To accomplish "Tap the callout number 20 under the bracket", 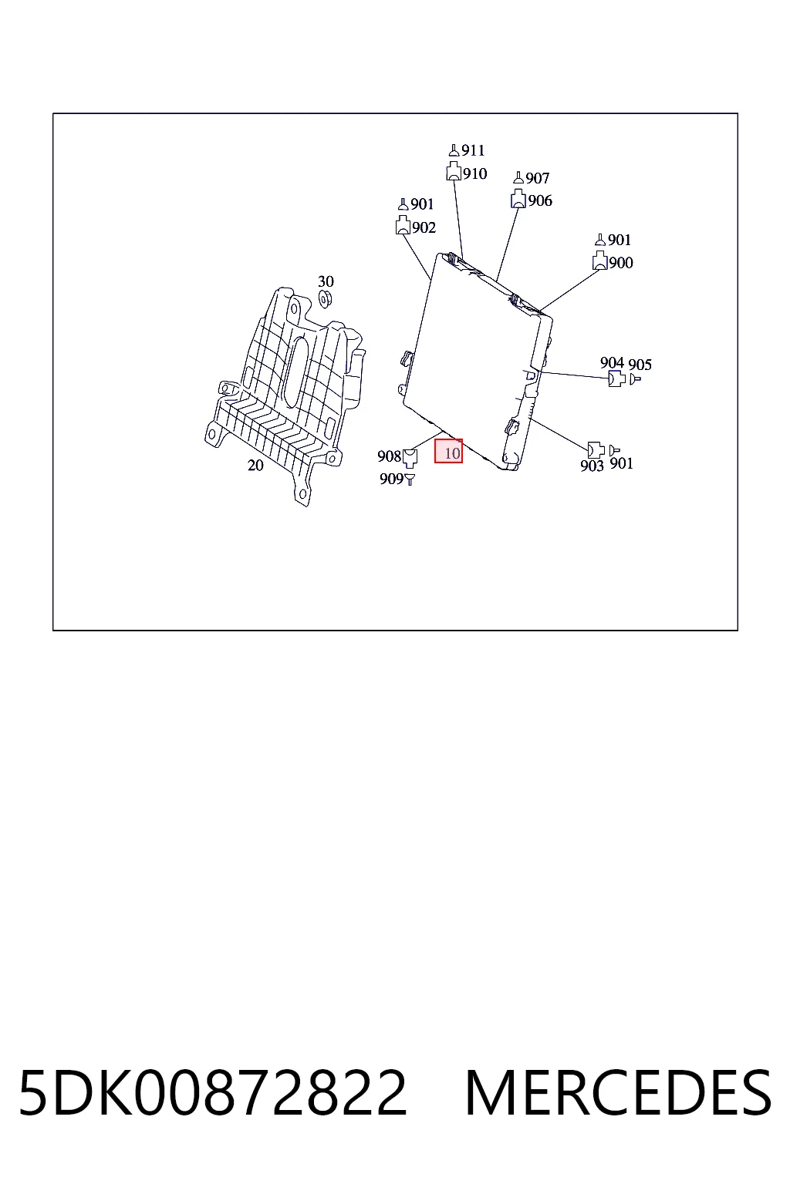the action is click(x=255, y=465).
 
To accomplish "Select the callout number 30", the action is click(x=326, y=281).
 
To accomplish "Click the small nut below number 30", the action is click(x=325, y=298).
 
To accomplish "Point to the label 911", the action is click(x=473, y=150).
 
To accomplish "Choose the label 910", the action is click(x=474, y=173).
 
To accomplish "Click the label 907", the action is click(x=537, y=178).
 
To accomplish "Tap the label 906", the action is click(x=540, y=201).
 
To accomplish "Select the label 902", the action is click(x=424, y=227).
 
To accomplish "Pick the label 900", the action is click(x=621, y=263).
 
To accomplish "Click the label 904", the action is click(x=612, y=362).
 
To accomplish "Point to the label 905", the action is click(x=640, y=364).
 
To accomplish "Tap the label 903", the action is click(x=592, y=466).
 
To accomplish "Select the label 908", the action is click(x=389, y=456).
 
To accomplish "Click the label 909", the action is click(x=392, y=479).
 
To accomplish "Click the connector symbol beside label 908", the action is click(x=410, y=458).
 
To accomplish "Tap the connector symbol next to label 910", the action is click(x=454, y=171).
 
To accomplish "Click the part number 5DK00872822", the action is click(x=213, y=1092).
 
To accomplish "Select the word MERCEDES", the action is click(x=618, y=1092).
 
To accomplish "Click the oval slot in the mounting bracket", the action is click(x=296, y=372).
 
